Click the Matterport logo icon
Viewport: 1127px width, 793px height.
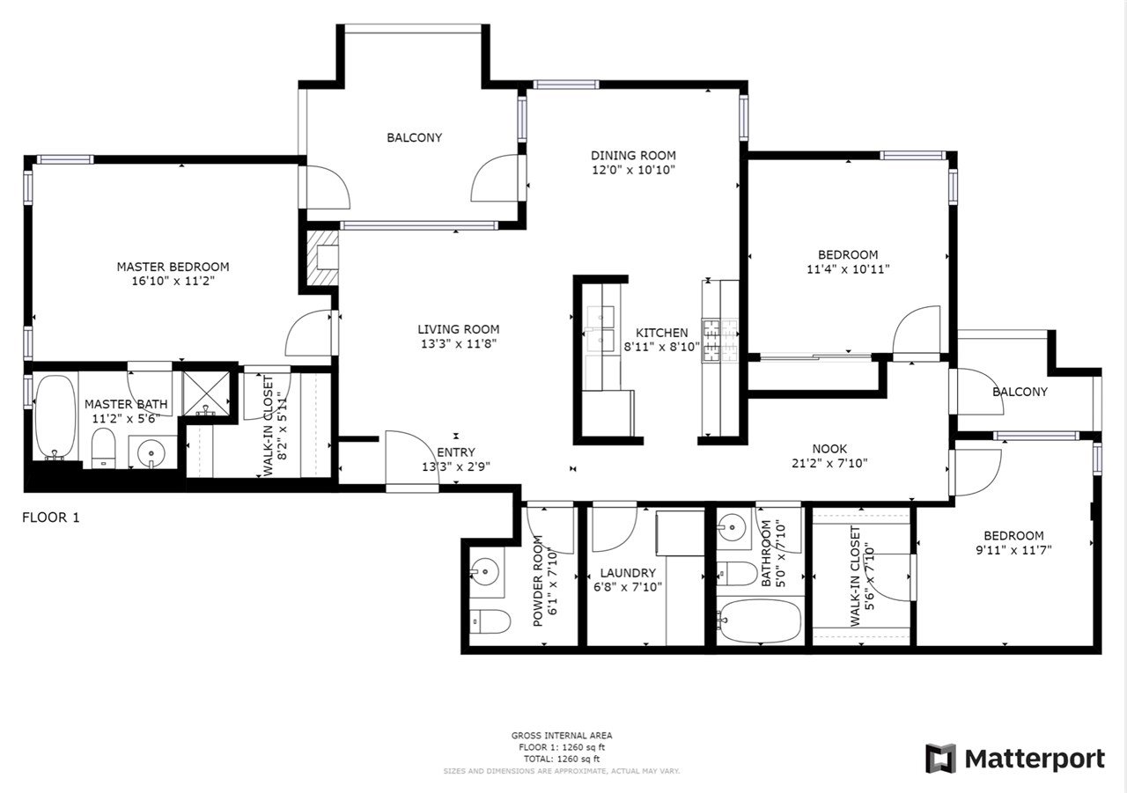pyautogui.click(x=941, y=759)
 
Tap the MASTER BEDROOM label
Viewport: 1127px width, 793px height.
pyautogui.click(x=173, y=267)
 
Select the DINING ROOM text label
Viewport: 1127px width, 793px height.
pyautogui.click(x=633, y=156)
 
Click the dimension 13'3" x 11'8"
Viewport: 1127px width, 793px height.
pyautogui.click(x=459, y=344)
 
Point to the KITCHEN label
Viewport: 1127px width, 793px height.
pyautogui.click(x=661, y=333)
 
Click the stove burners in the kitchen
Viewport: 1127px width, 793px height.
pyautogui.click(x=720, y=341)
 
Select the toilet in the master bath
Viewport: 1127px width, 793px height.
pyautogui.click(x=104, y=448)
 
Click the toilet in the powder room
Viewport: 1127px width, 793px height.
pyautogui.click(x=490, y=621)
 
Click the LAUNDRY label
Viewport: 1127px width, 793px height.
pyautogui.click(x=628, y=573)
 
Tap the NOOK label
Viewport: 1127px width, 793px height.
pyautogui.click(x=829, y=449)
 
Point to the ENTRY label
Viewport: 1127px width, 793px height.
pyautogui.click(x=456, y=452)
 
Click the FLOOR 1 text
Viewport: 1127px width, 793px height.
pyautogui.click(x=51, y=518)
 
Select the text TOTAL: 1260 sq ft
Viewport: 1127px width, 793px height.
pyautogui.click(x=562, y=760)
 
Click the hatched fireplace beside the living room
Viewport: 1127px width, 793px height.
pyautogui.click(x=322, y=258)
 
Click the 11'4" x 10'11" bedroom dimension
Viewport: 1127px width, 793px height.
pyautogui.click(x=848, y=269)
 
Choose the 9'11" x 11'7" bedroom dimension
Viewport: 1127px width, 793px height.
pyautogui.click(x=1013, y=550)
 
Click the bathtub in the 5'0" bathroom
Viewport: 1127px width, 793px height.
pyautogui.click(x=759, y=620)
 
